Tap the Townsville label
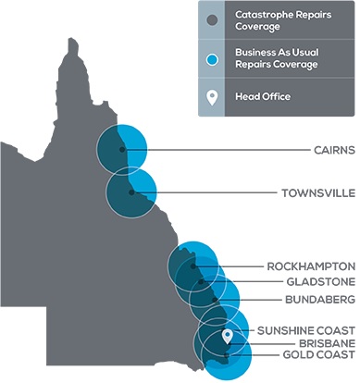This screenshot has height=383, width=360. [317, 193]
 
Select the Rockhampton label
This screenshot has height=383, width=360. [310, 266]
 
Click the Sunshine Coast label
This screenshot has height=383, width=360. [305, 328]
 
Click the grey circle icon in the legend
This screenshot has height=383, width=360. [213, 20]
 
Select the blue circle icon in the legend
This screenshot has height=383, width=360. [213, 59]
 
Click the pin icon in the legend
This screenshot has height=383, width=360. [213, 96]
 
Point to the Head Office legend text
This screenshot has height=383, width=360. [264, 96]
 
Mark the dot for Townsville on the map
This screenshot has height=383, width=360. [132, 193]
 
